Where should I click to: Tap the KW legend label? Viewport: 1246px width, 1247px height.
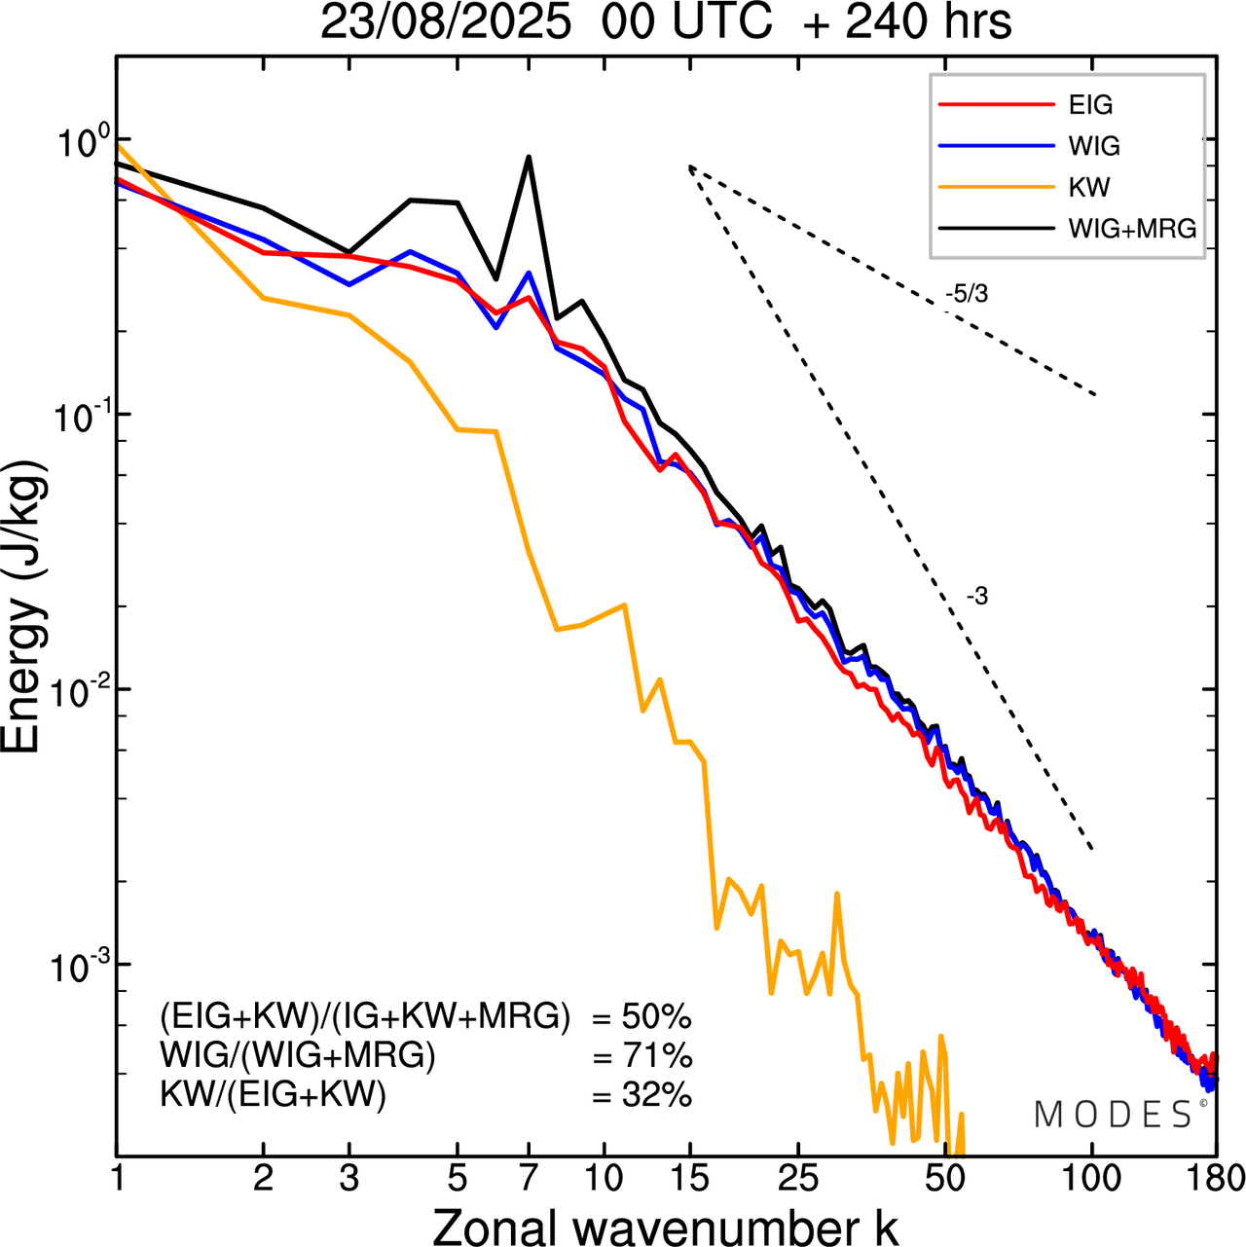[x=1089, y=187]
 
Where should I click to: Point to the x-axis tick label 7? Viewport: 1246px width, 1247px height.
[x=529, y=1179]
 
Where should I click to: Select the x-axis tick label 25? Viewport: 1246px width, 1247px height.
[x=797, y=1179]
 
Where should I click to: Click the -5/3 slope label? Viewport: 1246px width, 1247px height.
[x=966, y=294]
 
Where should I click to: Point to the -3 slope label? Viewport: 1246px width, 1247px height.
[x=977, y=597]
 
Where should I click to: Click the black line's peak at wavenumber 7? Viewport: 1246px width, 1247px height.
[x=529, y=157]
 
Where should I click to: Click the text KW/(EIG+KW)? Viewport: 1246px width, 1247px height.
[x=274, y=1096]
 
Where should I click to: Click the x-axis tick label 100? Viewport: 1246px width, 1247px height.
[x=1092, y=1179]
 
